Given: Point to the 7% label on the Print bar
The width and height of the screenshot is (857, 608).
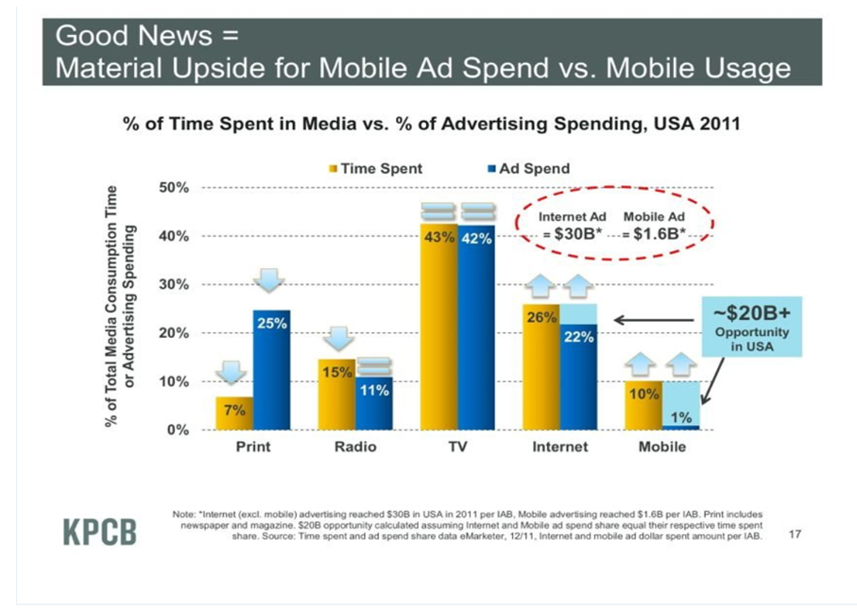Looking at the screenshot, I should [234, 410].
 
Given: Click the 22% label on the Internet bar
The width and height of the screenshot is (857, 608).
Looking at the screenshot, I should [578, 339].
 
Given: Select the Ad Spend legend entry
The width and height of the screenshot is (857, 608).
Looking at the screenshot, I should [529, 169].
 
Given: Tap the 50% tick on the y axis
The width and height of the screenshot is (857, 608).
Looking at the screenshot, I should [175, 187].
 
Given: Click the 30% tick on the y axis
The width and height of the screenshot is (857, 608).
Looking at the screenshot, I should [175, 284].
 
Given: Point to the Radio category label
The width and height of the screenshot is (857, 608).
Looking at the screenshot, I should [355, 447].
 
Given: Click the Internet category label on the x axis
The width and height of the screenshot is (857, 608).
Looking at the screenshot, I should [559, 447].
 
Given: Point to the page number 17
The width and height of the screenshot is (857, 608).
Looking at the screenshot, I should [794, 535].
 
